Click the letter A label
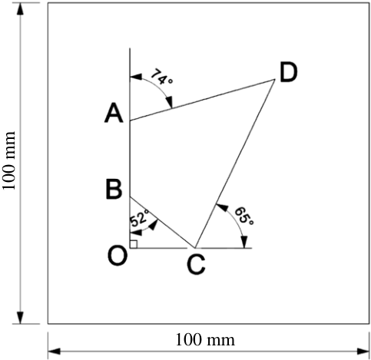(x=114, y=114)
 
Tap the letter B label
(x=114, y=190)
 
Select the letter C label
(x=196, y=266)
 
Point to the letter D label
(x=289, y=73)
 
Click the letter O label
(x=118, y=256)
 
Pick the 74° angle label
(x=161, y=77)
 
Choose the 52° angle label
(x=140, y=218)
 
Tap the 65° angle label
(x=244, y=216)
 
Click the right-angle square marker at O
(x=134, y=244)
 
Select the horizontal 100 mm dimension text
(x=205, y=340)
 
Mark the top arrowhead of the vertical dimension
(x=20, y=9)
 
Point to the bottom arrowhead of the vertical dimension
(x=20, y=318)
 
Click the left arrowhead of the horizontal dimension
(x=54, y=352)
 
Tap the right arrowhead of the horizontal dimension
(x=363, y=352)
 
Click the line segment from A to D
(x=202, y=100)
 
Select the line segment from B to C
(x=162, y=223)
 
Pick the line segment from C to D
(x=235, y=163)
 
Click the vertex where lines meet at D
(x=275, y=80)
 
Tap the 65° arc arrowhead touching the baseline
(x=244, y=242)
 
